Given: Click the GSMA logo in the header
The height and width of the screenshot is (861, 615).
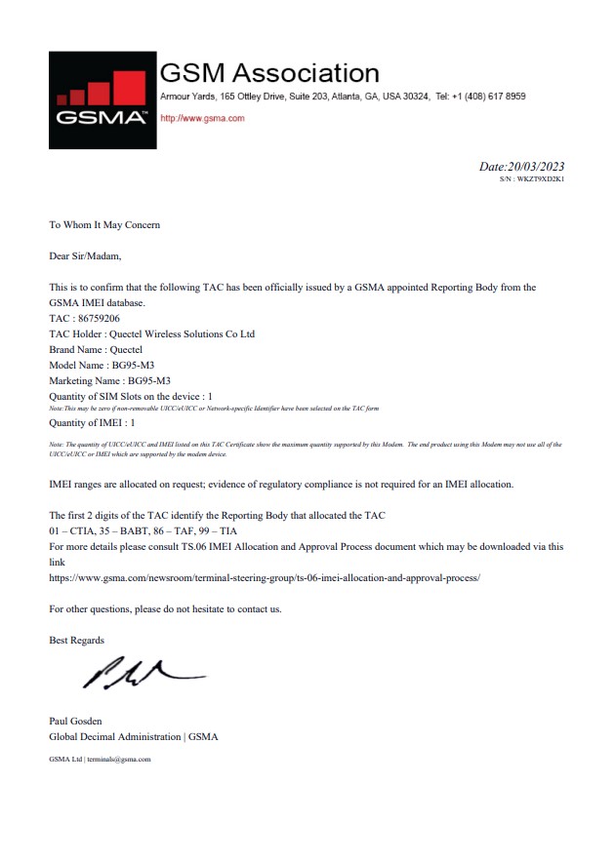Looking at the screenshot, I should point(102,99).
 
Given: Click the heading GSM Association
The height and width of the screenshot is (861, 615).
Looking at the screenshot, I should point(268,72).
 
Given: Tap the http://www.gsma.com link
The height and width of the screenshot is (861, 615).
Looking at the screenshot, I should point(202,118).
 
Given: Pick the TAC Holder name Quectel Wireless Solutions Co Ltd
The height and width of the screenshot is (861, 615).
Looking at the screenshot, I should point(183,333).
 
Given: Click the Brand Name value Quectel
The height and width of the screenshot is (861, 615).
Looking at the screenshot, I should point(124,349).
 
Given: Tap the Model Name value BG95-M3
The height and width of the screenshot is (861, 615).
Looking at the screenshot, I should point(134,365).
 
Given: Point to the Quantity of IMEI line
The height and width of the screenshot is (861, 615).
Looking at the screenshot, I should point(92,423).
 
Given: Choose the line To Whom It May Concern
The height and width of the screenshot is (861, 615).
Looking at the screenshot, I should point(104,225).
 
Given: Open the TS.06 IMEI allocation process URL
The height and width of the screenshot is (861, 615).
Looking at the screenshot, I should point(265,577).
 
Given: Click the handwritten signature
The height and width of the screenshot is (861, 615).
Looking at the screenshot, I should point(142,672).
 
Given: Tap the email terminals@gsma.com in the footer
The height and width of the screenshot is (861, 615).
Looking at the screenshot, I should point(118,758).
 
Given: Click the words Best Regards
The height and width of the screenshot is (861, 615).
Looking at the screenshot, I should point(76,640).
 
